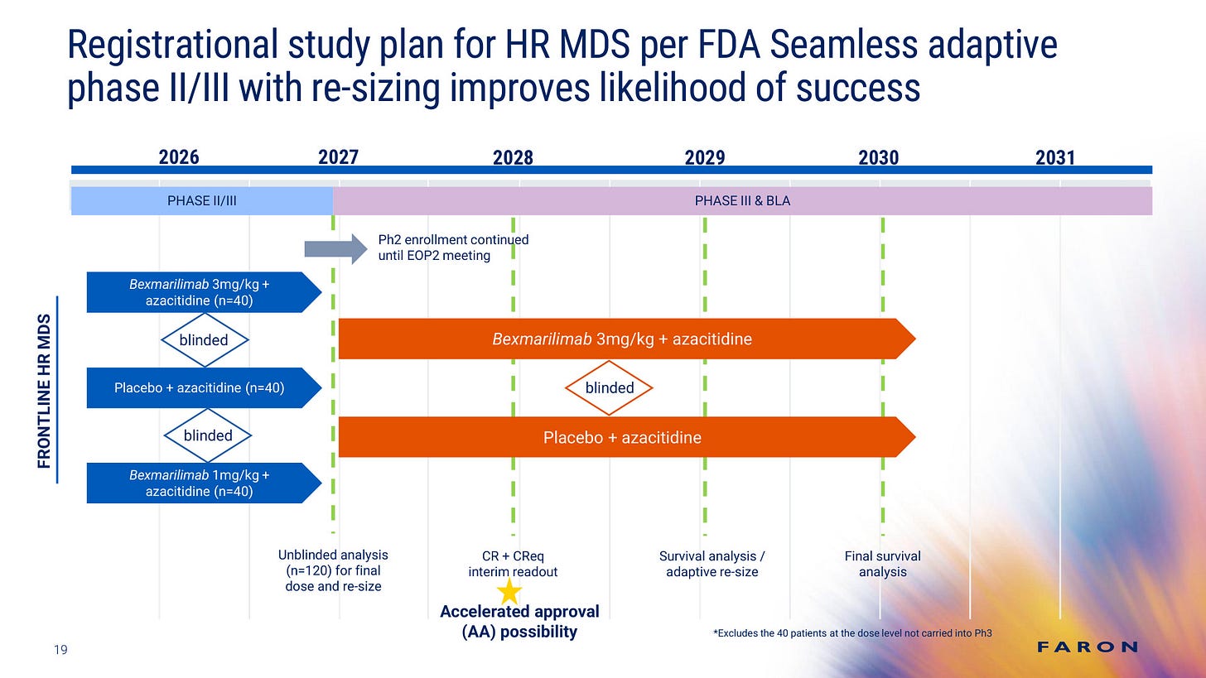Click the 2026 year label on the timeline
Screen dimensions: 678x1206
179,157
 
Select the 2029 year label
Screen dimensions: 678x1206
705,157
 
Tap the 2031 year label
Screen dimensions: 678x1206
1054,157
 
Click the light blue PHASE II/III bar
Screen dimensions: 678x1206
201,201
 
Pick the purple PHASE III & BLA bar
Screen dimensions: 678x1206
742,201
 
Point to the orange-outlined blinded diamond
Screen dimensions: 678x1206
610,387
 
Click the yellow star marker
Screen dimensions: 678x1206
509,591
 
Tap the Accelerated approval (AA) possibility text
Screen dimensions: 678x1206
519,622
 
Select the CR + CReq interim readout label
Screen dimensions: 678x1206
514,564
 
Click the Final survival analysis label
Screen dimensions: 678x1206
882,564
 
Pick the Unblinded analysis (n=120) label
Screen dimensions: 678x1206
333,570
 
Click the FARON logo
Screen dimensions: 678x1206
1088,647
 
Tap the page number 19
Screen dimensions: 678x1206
60,650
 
